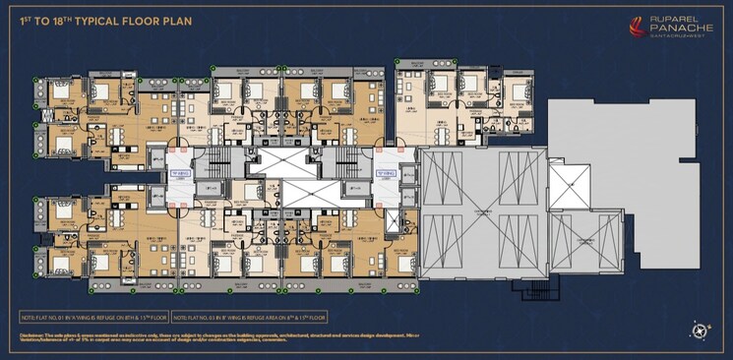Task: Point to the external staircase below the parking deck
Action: click(539, 291)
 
